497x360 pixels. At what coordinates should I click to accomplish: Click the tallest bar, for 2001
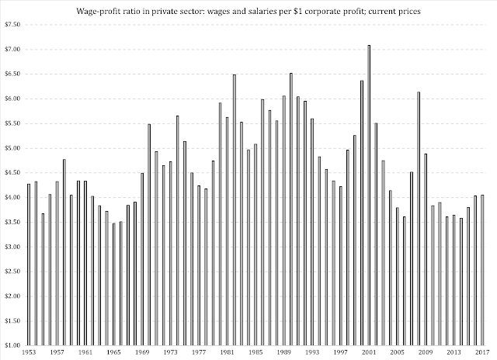[369, 195]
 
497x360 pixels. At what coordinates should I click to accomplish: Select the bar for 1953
[29, 265]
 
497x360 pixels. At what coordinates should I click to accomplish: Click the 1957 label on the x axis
[57, 352]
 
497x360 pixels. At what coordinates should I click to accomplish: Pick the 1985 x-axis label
[255, 352]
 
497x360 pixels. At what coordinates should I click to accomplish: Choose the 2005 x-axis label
[397, 352]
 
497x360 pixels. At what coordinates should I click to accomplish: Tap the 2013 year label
[454, 352]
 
